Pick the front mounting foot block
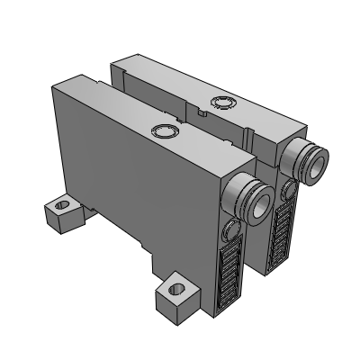click(175, 297)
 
